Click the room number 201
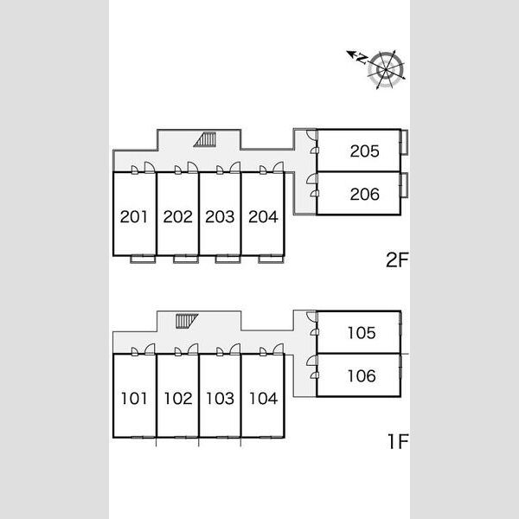point(134,217)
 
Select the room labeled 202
point(177,217)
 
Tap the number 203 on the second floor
point(220,217)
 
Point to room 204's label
point(263,217)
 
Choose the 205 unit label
point(364,151)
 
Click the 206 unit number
point(364,195)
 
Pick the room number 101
point(134,398)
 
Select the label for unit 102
point(178,398)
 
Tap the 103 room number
point(220,398)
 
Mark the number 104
point(264,398)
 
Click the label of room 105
point(362,333)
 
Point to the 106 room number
point(362,376)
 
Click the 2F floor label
point(397,259)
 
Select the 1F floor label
point(398,441)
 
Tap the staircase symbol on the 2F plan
point(206,139)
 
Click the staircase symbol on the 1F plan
point(186,321)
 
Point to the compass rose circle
point(386,70)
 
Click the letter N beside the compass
point(362,59)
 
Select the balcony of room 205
point(404,142)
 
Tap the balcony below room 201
point(143,259)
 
